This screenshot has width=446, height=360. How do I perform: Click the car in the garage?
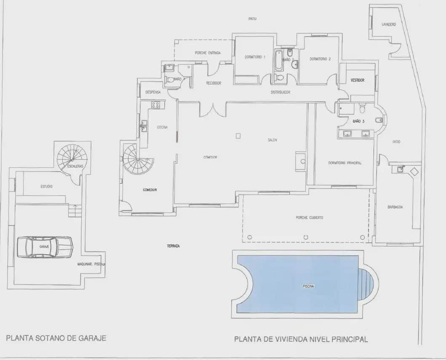click(x=45, y=247)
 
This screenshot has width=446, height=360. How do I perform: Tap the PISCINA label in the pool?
click(x=308, y=286)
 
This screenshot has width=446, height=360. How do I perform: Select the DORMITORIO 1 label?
click(x=255, y=57)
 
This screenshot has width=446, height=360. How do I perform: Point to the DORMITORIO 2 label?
click(x=320, y=59)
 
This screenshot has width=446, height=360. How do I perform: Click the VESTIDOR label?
click(x=357, y=80)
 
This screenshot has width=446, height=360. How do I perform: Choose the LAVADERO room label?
click(x=388, y=24)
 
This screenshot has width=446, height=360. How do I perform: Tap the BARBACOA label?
click(x=395, y=207)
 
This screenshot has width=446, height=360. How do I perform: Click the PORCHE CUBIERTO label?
click(x=309, y=218)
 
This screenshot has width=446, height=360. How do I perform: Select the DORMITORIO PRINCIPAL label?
click(x=345, y=163)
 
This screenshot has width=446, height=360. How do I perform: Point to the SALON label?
click(x=272, y=140)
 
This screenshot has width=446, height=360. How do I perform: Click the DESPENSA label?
click(x=153, y=92)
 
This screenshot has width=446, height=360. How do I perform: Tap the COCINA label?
click(x=163, y=127)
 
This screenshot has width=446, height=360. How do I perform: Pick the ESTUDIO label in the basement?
click(x=46, y=186)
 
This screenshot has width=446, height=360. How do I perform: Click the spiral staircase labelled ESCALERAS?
click(x=72, y=158)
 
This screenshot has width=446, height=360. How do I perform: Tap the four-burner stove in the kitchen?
click(x=155, y=105)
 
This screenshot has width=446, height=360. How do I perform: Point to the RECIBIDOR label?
click(x=214, y=83)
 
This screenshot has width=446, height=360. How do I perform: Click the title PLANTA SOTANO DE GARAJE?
click(x=56, y=338)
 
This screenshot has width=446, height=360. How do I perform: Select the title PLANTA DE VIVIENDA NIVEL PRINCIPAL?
click(x=301, y=339)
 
